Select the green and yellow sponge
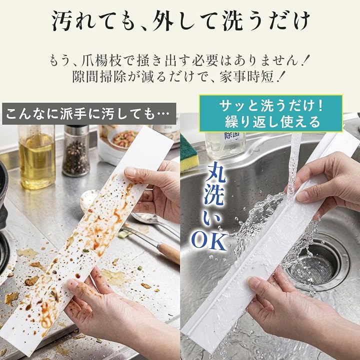188,154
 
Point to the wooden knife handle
168,253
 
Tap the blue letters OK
209,241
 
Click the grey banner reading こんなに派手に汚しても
89,114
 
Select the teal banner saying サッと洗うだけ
271,113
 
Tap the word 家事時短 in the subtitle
246,76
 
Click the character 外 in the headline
163,20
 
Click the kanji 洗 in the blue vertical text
215,195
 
